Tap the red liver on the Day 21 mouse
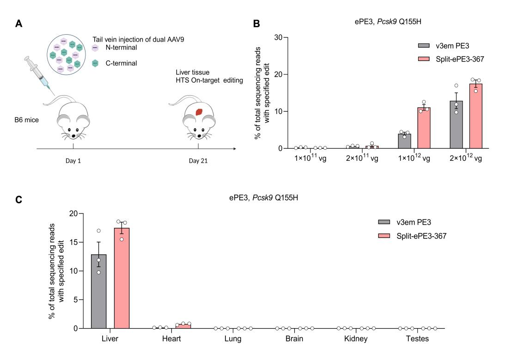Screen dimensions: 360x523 pos(199,112)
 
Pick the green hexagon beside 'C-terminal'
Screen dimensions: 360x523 pos(95,63)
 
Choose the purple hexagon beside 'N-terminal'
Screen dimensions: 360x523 pos(95,48)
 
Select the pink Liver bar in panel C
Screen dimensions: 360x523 pos(122,278)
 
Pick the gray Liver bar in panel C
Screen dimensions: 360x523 pos(99,291)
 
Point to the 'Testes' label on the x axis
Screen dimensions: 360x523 pos(418,339)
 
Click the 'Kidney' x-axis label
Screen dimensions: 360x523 pos(356,339)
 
